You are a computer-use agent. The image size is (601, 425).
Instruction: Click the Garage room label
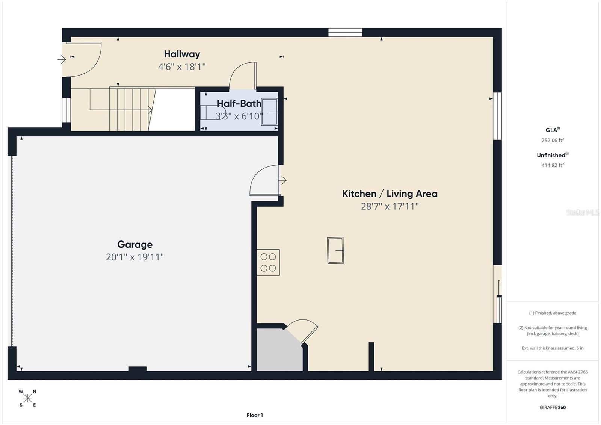[x=135, y=244]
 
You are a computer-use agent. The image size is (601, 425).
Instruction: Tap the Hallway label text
[x=182, y=54]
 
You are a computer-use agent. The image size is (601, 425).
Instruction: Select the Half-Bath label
[x=239, y=103]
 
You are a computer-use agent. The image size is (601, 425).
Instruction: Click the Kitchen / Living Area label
[x=390, y=194]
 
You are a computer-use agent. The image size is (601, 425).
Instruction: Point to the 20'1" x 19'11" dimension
[x=135, y=257]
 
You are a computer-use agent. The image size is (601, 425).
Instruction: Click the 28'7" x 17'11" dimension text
[x=390, y=206]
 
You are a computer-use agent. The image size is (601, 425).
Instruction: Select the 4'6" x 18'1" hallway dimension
[x=182, y=67]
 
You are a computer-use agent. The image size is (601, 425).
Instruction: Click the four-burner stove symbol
[x=268, y=262]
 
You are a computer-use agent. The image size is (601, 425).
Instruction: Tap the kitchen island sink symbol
[x=335, y=250]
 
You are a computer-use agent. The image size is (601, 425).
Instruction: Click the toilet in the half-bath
[x=212, y=112]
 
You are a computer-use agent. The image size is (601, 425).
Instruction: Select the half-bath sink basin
[x=269, y=111]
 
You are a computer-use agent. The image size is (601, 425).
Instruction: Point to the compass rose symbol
[x=27, y=398]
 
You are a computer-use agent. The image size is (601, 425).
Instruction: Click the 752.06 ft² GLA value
[x=552, y=141]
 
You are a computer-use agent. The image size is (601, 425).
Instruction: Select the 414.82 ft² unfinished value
[x=552, y=165]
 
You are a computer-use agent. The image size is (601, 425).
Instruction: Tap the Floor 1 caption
[x=255, y=415]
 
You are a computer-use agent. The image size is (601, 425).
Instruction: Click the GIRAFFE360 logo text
[x=553, y=407]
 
